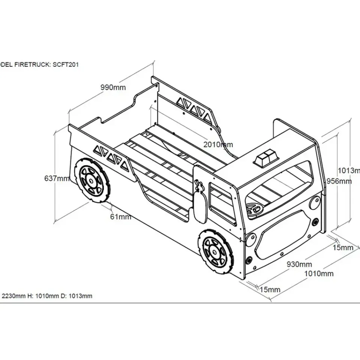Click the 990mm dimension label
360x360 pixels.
click(x=113, y=87)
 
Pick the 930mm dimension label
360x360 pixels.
click(x=299, y=264)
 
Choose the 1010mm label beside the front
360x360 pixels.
click(x=318, y=273)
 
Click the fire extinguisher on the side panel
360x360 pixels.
click(x=200, y=202)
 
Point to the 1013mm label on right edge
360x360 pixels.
click(x=349, y=170)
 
